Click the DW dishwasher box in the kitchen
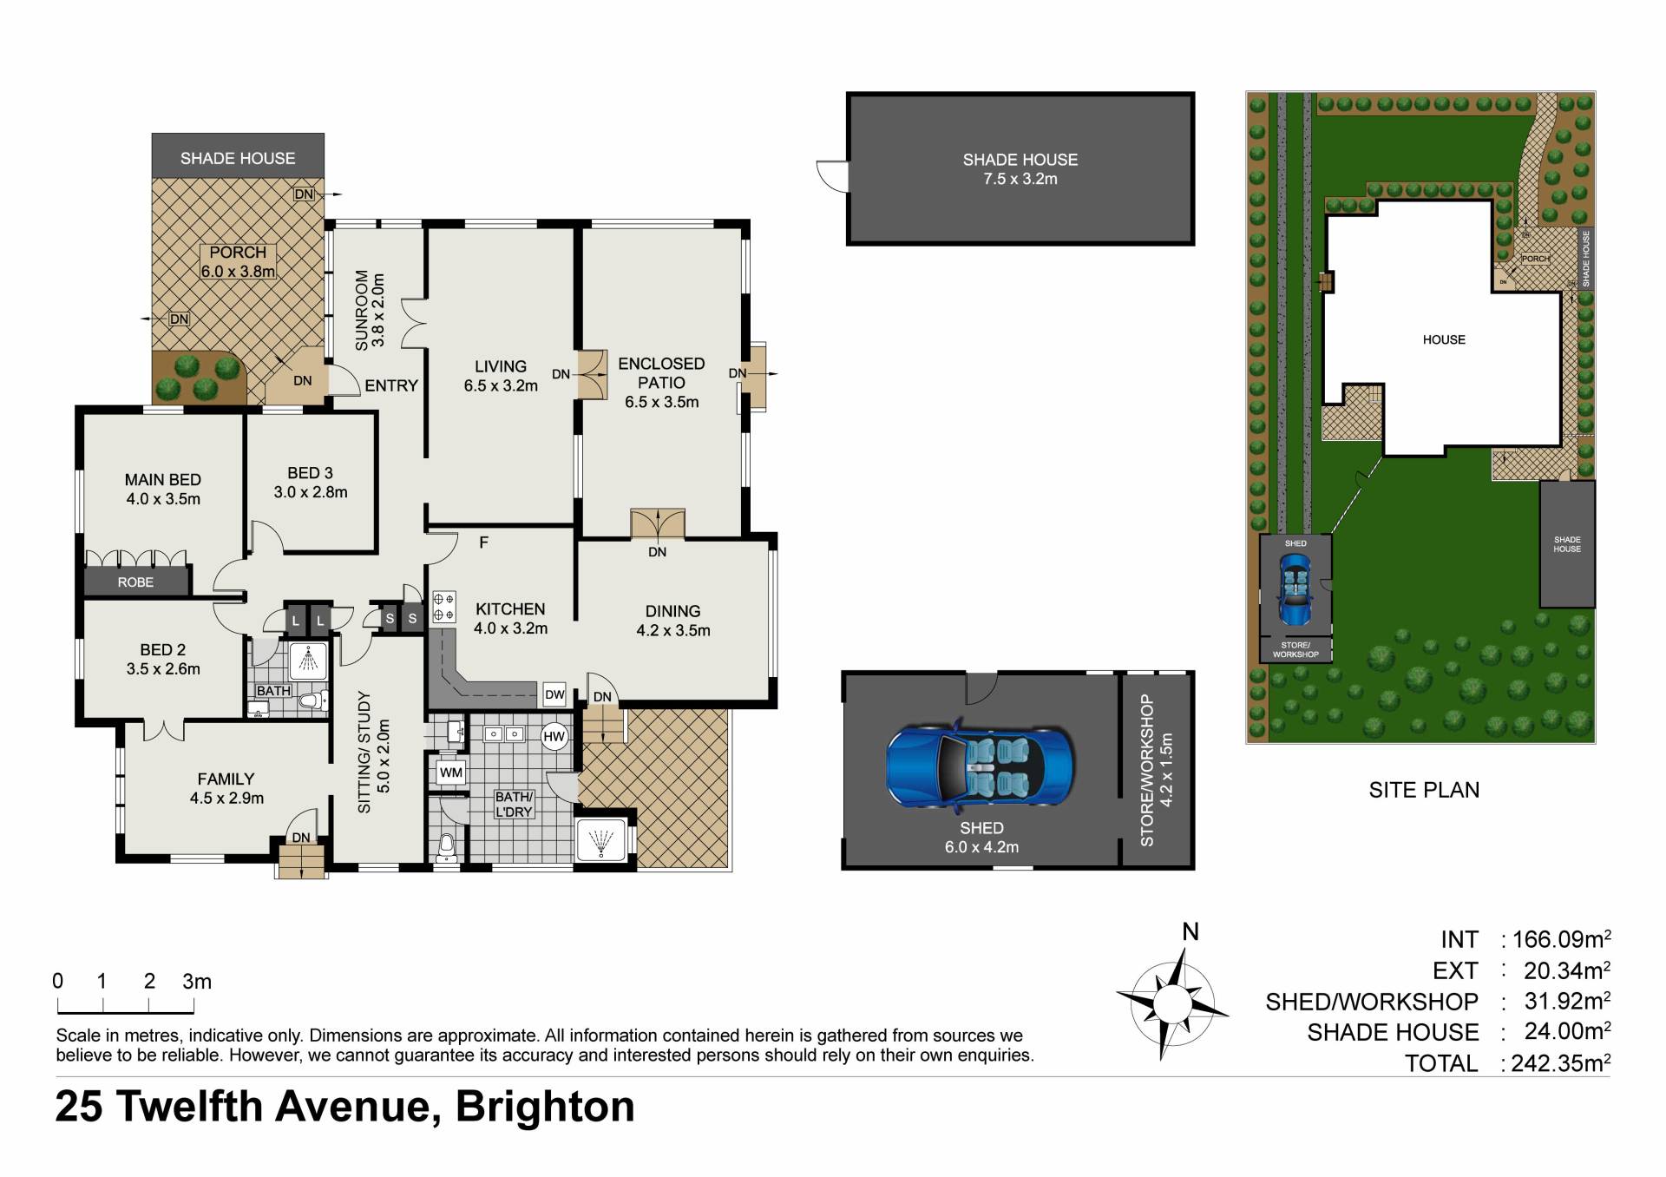[x=554, y=694]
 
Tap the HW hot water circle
[x=554, y=737]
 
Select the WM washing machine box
[x=451, y=773]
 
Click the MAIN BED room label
[x=163, y=480]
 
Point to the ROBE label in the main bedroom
[x=135, y=582]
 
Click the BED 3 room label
[x=310, y=473]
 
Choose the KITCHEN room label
[x=510, y=609]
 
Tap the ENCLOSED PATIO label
[x=661, y=373]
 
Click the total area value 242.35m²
[x=1561, y=1062]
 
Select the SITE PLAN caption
[x=1424, y=790]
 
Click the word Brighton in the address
[x=545, y=1107]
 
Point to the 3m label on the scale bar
[x=197, y=982]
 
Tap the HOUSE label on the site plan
[x=1444, y=339]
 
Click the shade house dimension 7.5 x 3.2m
[x=1020, y=179]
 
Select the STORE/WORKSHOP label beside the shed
[x=1146, y=771]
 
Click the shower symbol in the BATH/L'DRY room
[x=600, y=840]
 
